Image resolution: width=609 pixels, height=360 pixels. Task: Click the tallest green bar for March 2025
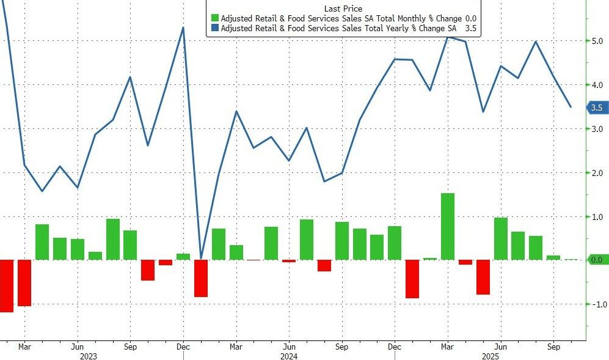[x=447, y=226]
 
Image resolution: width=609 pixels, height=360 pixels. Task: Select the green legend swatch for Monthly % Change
[x=214, y=18]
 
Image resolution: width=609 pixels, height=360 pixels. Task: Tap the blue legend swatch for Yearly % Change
[x=214, y=28]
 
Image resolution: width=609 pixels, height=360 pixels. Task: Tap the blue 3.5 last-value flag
[x=596, y=108]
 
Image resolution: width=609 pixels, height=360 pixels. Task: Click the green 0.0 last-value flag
[x=596, y=260]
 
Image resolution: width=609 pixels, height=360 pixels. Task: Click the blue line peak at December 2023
[x=183, y=28]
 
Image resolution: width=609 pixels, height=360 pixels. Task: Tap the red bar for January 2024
[x=201, y=278]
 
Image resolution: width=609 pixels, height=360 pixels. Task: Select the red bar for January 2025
[x=412, y=279]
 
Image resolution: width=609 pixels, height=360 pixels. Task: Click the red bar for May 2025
[x=483, y=277]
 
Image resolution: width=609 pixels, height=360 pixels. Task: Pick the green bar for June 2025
[x=500, y=238]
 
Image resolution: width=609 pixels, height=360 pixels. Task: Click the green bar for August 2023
[x=112, y=239]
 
